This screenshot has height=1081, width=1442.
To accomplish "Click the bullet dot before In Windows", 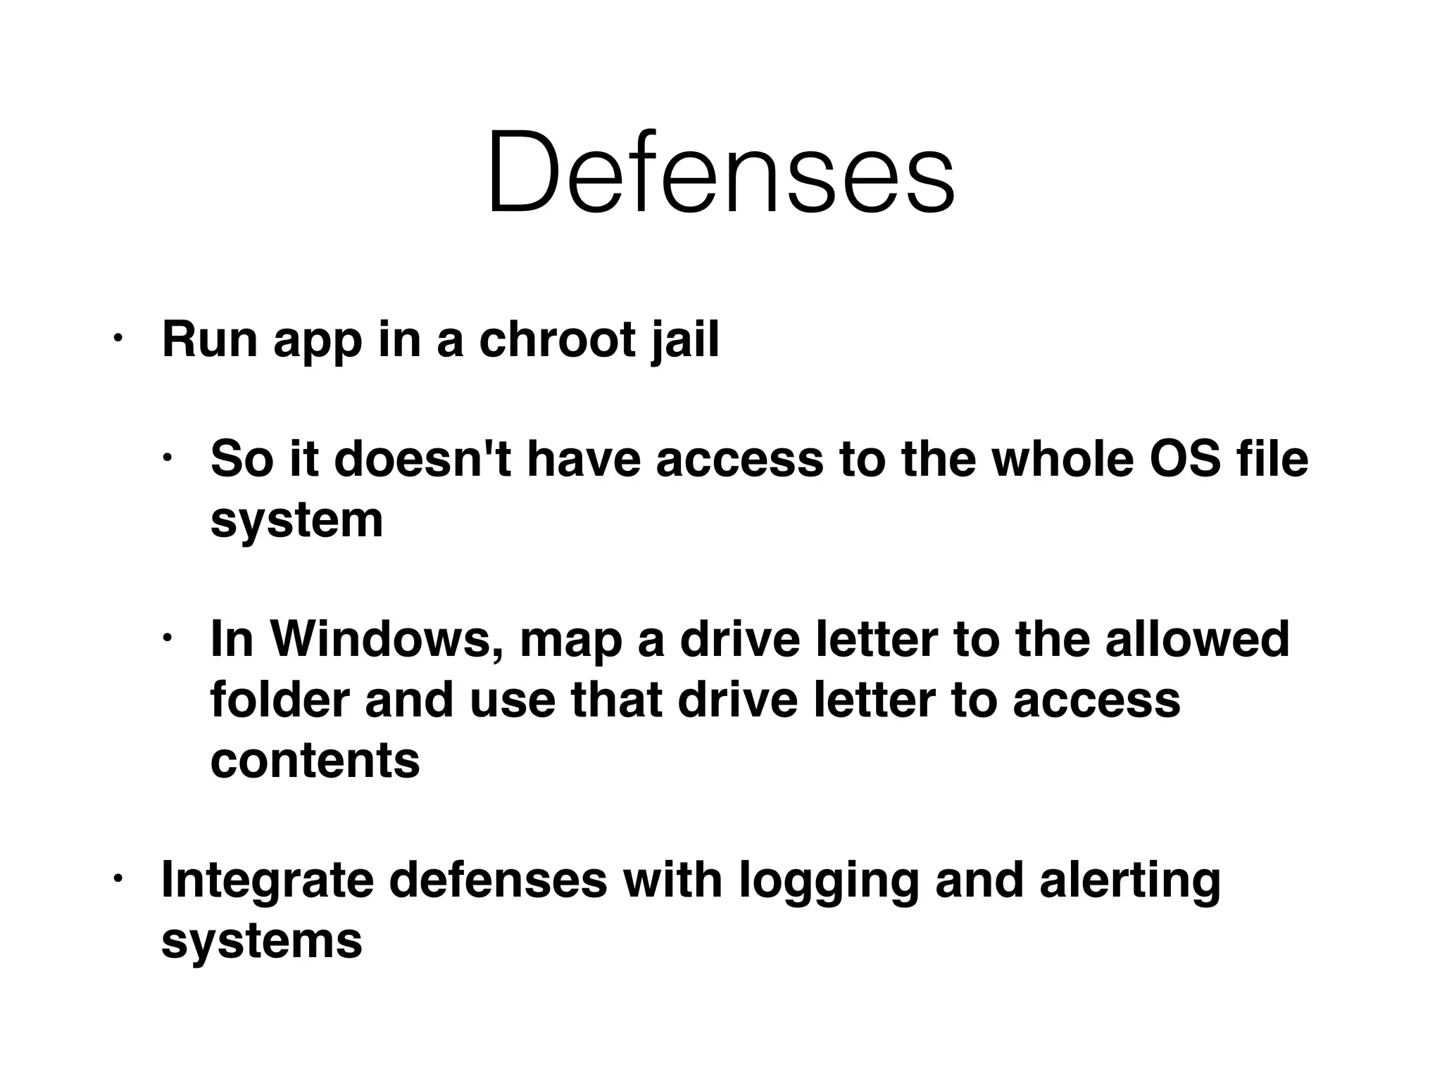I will pos(167,638).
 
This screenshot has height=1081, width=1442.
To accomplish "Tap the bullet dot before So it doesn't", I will pos(167,458).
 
